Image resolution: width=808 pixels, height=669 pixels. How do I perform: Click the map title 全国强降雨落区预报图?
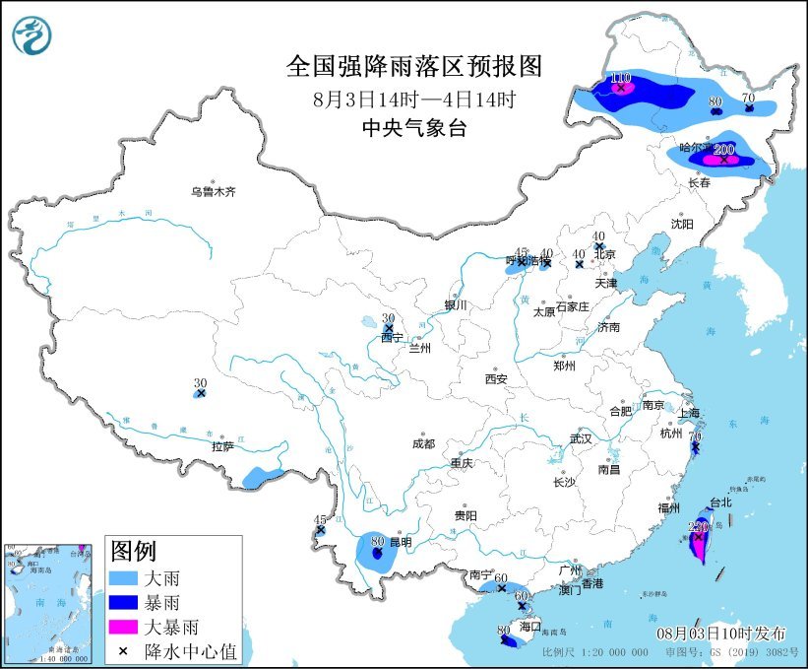413,66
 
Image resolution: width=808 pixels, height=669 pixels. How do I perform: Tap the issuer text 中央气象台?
413,127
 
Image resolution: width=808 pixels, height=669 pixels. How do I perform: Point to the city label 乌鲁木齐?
214,192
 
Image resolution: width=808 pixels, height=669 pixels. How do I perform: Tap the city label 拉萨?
222,446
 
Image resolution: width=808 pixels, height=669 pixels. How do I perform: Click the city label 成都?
424,443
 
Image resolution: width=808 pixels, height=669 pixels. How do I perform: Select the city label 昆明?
401,543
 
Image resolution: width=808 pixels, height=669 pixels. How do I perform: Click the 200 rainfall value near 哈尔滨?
724,149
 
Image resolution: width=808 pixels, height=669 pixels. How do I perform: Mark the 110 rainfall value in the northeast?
621,78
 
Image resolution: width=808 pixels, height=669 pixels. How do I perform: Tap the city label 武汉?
581,438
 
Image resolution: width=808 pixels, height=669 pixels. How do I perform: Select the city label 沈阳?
682,225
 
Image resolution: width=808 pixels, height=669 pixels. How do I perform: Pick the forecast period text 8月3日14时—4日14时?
413,99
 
